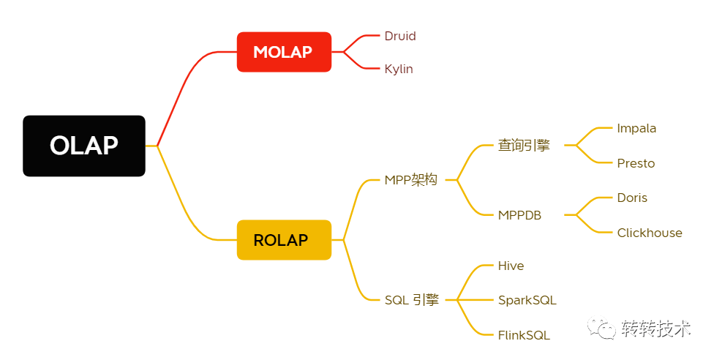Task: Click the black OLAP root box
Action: coord(84,146)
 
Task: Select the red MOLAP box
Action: coord(284,52)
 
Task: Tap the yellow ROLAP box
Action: coord(284,240)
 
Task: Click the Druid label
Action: coord(400,36)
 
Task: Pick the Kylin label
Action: coord(399,69)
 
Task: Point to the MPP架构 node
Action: coord(411,180)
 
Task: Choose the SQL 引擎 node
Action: coord(412,299)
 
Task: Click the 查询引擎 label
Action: coord(524,145)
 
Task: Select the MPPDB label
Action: coord(519,215)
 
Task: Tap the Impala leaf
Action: coord(636,128)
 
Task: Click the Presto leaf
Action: coord(636,163)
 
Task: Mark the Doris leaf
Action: coord(632,198)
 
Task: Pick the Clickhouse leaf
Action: coord(649,233)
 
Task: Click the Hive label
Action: coord(511,266)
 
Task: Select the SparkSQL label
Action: coord(527,300)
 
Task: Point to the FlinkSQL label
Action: coord(524,335)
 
